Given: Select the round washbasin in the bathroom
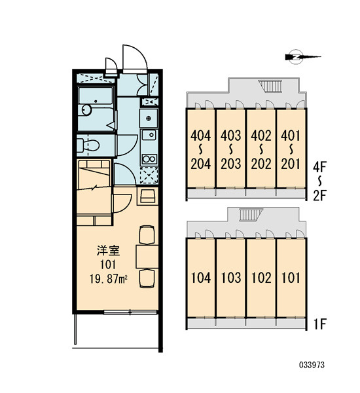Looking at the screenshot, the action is [x=86, y=110].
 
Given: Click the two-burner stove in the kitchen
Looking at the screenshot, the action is [x=149, y=159].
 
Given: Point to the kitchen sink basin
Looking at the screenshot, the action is [x=149, y=136].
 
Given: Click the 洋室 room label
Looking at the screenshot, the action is [x=109, y=251].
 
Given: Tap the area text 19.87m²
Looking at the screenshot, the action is [x=109, y=279].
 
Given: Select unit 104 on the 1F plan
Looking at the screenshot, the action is [x=201, y=278].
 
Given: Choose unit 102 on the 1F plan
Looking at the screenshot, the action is [x=261, y=278].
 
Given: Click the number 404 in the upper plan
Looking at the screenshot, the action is [x=201, y=136].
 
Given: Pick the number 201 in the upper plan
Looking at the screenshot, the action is [x=291, y=164].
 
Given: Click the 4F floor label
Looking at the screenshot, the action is [x=319, y=167].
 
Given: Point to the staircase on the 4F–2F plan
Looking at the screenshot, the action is [x=270, y=86].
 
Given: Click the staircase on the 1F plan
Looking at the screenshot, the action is [x=251, y=215].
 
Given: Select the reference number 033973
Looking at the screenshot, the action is [x=312, y=365].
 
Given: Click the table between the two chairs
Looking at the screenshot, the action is [x=147, y=257].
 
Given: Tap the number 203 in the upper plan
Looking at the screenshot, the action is [x=231, y=164].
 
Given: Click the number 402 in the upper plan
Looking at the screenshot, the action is [x=261, y=136].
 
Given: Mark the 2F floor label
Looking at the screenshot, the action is [x=319, y=196].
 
